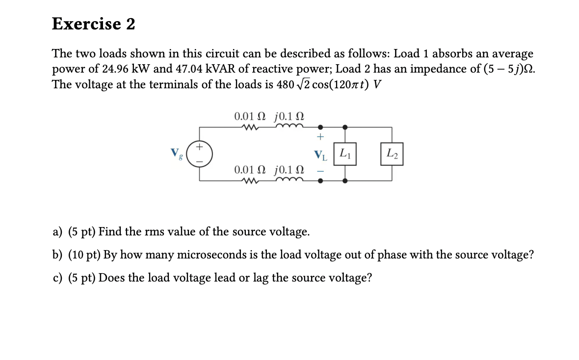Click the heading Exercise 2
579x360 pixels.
(93, 24)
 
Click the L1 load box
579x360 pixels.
(346, 154)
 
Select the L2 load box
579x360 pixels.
(392, 154)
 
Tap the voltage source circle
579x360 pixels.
(200, 153)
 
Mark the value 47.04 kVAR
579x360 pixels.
(201, 69)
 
